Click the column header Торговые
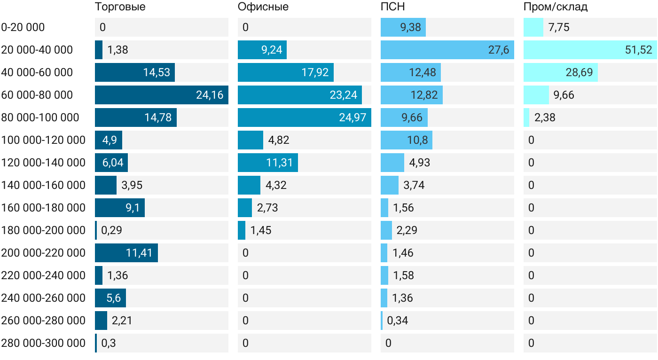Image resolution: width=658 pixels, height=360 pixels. click(120, 7)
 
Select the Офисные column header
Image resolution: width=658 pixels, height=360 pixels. click(263, 7)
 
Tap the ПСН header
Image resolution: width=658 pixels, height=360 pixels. click(393, 7)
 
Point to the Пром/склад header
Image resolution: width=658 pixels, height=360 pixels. click(556, 7)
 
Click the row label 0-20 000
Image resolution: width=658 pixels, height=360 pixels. click(23, 27)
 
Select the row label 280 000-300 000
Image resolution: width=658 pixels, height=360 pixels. click(43, 343)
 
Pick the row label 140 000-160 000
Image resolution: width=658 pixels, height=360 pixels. click(43, 185)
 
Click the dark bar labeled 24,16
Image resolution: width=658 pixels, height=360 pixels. click(162, 95)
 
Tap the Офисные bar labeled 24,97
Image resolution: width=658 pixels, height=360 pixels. click(305, 117)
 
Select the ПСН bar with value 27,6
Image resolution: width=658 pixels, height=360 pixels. click(447, 50)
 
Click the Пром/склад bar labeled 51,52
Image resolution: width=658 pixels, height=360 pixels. click(590, 50)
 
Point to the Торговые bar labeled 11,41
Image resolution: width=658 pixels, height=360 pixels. click(126, 253)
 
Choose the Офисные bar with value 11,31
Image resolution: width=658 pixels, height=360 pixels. click(268, 163)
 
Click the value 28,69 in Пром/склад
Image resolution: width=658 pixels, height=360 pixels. click(579, 72)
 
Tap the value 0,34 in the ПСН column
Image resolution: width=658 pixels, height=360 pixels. click(398, 321)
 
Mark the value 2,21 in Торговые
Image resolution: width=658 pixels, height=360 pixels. click(122, 321)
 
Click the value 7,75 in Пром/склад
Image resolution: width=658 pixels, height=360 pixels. click(559, 27)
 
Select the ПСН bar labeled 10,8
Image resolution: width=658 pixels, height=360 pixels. click(407, 140)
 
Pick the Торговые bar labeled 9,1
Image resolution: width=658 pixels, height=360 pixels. click(120, 208)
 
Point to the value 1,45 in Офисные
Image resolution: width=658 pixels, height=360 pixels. click(261, 230)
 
